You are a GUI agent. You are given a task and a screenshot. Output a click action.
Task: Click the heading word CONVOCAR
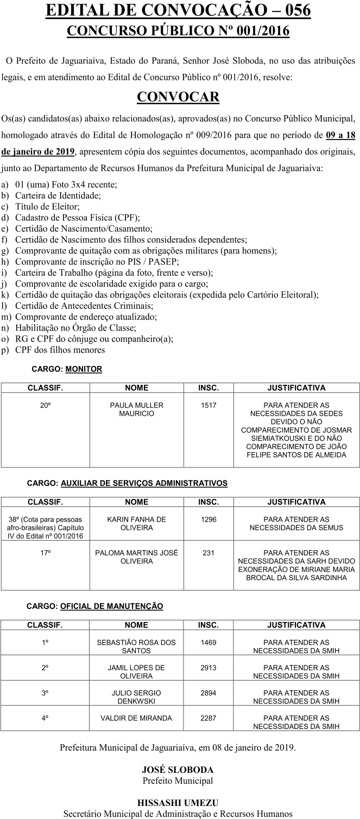178,97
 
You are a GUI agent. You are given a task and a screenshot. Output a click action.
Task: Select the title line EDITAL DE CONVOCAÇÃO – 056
179,11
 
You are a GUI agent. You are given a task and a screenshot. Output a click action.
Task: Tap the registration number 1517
209,405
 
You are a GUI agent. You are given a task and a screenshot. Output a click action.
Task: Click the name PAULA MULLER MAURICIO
136,409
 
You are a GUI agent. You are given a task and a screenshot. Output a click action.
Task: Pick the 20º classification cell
45,405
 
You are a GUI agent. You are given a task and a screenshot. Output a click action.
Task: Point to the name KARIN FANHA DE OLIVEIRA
136,523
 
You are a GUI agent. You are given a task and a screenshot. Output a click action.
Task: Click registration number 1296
209,519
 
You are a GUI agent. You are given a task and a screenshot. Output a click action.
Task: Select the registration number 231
209,553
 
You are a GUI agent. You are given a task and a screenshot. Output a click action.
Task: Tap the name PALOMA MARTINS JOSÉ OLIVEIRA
136,557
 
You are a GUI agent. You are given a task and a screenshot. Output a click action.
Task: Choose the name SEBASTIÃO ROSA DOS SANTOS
136,646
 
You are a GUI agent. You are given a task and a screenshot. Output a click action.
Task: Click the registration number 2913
209,668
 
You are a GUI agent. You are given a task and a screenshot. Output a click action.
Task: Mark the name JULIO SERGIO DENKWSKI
136,697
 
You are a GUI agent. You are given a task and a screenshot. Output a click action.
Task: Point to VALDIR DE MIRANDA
136,718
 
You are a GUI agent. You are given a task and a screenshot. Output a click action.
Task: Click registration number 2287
209,718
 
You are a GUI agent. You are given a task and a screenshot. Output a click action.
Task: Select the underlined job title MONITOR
84,369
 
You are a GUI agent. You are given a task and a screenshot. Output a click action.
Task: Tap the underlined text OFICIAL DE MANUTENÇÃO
112,606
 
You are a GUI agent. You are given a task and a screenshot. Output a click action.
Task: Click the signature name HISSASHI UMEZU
178,803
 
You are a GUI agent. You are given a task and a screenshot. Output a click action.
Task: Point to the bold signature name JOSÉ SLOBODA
178,770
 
